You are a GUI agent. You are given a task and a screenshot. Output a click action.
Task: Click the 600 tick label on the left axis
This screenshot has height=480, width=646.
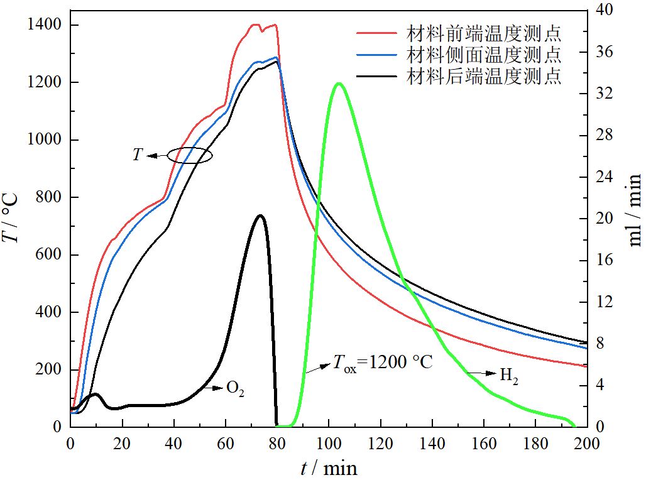tap(49, 255)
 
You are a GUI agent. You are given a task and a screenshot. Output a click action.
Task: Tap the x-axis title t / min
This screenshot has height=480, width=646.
tap(328, 467)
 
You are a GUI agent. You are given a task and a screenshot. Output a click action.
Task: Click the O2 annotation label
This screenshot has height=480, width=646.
tap(235, 389)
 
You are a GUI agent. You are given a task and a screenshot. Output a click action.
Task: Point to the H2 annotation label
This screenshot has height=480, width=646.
tap(509, 377)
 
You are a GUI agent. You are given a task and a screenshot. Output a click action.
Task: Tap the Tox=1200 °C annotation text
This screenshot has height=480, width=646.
tap(381, 363)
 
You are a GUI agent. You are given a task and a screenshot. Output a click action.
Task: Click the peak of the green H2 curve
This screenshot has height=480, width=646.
tap(339, 83)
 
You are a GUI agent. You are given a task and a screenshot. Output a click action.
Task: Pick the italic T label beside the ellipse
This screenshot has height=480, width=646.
tap(138, 155)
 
